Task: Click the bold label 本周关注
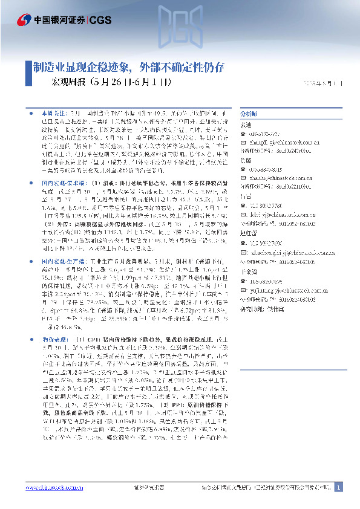point(52,113)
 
